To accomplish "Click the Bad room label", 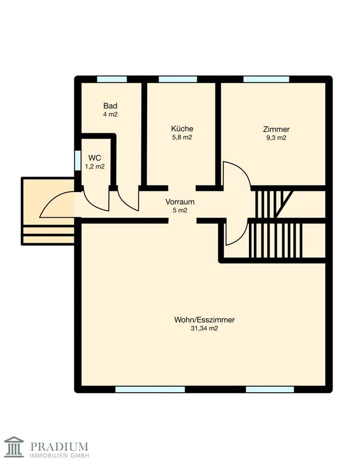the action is (x=111, y=106).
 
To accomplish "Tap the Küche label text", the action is (x=182, y=129).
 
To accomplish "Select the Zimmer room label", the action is (x=276, y=129).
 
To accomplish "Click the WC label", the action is (x=95, y=158).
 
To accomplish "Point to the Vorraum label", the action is (x=180, y=202).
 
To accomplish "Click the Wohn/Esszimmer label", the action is (x=205, y=320).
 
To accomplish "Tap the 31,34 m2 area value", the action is (x=205, y=328).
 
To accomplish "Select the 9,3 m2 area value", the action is (x=276, y=138).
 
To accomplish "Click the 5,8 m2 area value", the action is (x=182, y=137).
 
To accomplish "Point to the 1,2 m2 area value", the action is (x=95, y=166).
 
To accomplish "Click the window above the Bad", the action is (x=112, y=79).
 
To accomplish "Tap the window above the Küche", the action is (x=178, y=79).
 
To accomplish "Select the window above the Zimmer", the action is (x=266, y=79).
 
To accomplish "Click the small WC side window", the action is (x=78, y=161).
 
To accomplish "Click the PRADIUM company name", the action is (x=59, y=446).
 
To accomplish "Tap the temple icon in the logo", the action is (x=14, y=446).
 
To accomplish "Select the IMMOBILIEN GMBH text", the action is (x=59, y=455).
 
